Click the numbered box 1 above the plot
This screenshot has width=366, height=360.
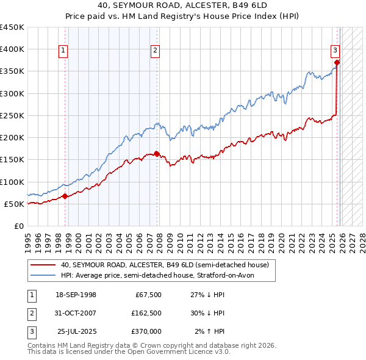63,51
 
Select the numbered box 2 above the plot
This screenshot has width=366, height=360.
156,51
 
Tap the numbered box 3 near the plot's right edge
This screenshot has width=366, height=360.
335,51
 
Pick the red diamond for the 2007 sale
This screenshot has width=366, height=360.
157,154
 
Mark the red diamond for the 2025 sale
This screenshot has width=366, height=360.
337,62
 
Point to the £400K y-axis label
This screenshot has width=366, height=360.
12,49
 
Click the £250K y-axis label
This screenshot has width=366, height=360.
12,115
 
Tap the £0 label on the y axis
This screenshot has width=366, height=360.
20,226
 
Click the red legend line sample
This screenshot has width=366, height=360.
43,265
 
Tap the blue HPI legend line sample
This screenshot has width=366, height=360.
43,276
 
